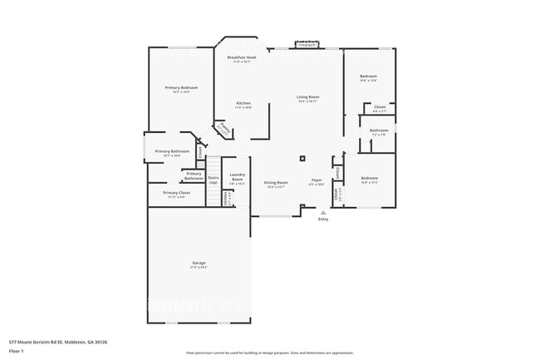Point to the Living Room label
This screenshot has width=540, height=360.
pyautogui.click(x=308, y=97)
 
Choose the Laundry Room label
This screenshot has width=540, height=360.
pyautogui.click(x=237, y=178)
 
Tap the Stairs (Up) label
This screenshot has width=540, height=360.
pyautogui.click(x=214, y=179)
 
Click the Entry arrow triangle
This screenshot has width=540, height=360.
pyautogui.click(x=323, y=212)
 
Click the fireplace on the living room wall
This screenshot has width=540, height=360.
pyautogui.click(x=307, y=45)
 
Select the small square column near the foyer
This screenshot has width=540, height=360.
pyautogui.click(x=302, y=157)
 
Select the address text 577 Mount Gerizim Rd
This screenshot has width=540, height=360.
pyautogui.click(x=58, y=342)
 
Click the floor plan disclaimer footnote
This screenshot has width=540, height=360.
pyautogui.click(x=270, y=353)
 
